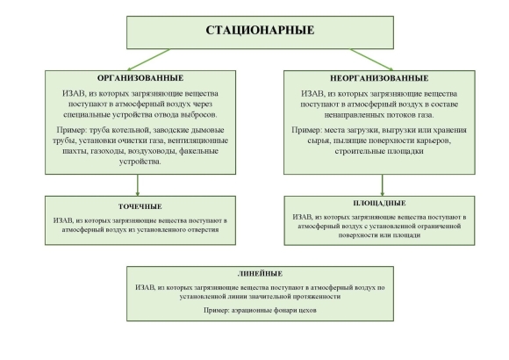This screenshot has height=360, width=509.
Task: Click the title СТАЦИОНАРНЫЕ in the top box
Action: point(260,30)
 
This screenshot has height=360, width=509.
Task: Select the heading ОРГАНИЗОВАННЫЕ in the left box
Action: point(140,78)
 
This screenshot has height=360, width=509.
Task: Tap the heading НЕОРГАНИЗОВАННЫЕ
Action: point(379,78)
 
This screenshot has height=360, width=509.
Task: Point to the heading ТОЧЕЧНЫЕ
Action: point(140,206)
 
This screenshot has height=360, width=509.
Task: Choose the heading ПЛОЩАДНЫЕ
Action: point(379,203)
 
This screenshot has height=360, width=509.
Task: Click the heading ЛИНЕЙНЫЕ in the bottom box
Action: point(260,274)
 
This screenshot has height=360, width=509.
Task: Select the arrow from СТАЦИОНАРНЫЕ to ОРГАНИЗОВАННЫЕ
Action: point(148,60)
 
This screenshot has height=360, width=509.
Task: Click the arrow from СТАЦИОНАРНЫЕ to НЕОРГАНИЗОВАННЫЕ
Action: point(372,60)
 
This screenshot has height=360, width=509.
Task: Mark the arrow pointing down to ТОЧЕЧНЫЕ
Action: point(138,185)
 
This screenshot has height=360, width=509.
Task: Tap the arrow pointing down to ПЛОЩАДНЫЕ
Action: point(382,185)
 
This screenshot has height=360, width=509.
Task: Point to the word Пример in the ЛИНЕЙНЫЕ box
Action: point(216,310)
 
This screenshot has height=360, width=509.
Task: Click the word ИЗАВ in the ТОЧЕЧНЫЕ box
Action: point(63,220)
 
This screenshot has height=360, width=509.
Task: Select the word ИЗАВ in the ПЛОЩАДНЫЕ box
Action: point(302,217)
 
